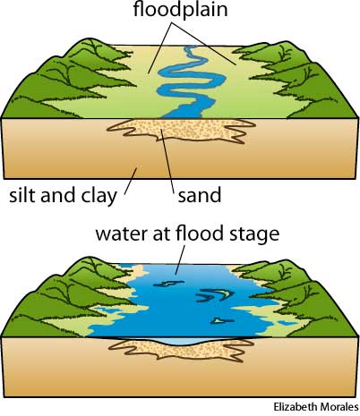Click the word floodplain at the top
(x=180, y=10)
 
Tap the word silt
(x=22, y=195)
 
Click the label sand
(x=200, y=195)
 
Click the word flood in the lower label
(x=200, y=233)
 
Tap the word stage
(x=254, y=234)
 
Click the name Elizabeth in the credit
(x=295, y=407)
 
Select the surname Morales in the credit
(x=339, y=407)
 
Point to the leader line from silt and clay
(x=131, y=181)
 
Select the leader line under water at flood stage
(x=180, y=259)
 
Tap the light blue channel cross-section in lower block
(x=182, y=342)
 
